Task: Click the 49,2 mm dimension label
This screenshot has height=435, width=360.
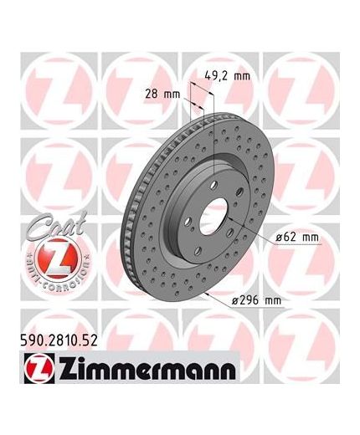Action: tap(228, 76)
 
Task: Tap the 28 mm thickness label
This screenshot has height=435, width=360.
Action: tap(162, 94)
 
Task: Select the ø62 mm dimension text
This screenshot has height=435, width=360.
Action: tap(297, 238)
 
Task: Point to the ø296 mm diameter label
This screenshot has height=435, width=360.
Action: tap(257, 300)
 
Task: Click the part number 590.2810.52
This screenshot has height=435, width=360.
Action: tap(59, 340)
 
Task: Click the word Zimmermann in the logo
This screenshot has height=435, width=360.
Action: tap(147, 370)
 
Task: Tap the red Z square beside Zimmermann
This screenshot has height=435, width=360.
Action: tap(39, 369)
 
